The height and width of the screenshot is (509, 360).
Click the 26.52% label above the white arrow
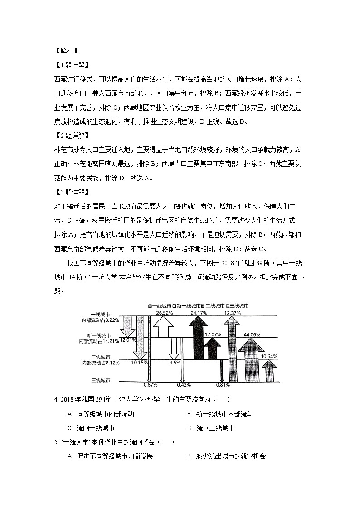click(164, 313)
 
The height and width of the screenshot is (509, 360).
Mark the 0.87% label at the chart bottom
click(150, 385)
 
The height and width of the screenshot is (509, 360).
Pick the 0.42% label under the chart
click(183, 385)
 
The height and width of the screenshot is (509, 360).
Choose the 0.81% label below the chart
click(223, 385)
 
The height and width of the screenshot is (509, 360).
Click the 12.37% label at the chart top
click(232, 313)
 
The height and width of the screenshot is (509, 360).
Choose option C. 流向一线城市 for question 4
click(91, 428)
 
